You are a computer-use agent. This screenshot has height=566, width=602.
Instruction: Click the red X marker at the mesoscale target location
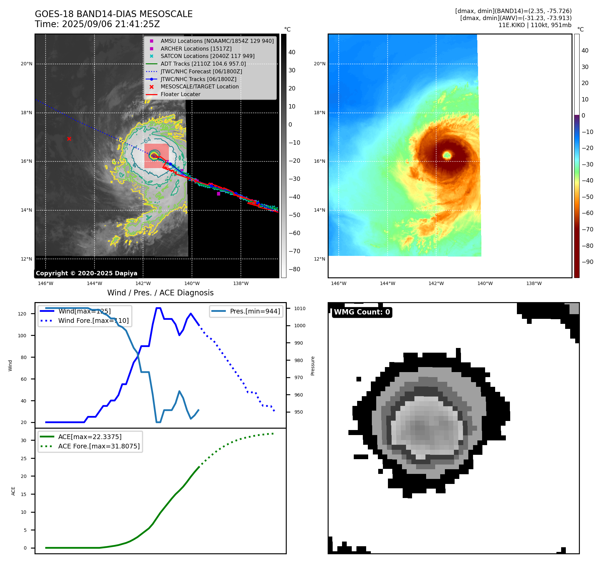69,139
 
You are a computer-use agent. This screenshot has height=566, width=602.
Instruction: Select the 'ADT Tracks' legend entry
203,64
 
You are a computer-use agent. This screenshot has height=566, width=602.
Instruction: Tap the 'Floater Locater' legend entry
180,94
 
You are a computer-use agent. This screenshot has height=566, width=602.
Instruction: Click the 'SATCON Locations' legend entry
207,56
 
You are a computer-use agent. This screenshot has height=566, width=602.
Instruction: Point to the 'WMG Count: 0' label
362,312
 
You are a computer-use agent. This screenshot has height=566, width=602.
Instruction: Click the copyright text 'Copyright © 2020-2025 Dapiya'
86,273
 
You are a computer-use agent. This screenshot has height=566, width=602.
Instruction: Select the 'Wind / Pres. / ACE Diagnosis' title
160,293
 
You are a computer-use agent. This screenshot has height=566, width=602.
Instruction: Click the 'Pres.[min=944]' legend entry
255,311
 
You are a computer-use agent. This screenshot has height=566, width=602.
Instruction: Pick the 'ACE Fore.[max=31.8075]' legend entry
99,446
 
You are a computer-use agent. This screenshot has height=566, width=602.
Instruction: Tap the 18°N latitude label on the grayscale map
26,113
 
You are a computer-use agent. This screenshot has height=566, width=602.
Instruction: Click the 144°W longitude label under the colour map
387,284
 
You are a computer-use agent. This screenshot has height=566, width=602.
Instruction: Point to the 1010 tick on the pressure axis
300,308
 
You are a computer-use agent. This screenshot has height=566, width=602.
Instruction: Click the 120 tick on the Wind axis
22,314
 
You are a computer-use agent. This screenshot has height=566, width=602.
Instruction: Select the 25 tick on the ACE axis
23,458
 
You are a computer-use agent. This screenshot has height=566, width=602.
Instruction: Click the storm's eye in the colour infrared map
447,155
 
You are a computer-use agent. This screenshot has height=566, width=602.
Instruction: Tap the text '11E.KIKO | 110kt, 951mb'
535,25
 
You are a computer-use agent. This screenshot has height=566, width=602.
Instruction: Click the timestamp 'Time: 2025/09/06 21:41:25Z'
97,24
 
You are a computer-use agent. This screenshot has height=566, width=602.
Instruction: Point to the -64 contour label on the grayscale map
147,141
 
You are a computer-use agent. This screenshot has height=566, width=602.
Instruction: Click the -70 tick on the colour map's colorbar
587,229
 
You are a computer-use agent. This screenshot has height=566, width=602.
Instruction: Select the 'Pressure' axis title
313,366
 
